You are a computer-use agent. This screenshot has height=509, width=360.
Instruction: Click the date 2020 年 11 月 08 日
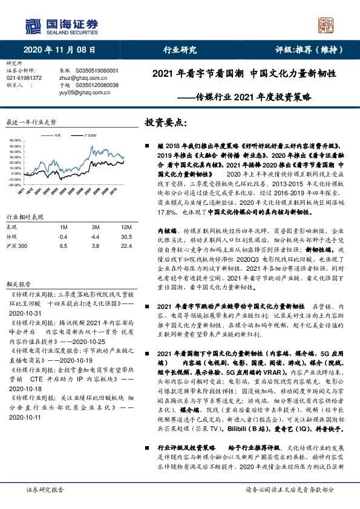point(60,50)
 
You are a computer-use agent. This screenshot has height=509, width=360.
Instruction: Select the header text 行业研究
point(180,50)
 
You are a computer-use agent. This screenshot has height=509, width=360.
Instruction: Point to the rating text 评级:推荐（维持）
point(306,50)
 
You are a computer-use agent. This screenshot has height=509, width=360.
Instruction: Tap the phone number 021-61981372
point(24,78)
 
